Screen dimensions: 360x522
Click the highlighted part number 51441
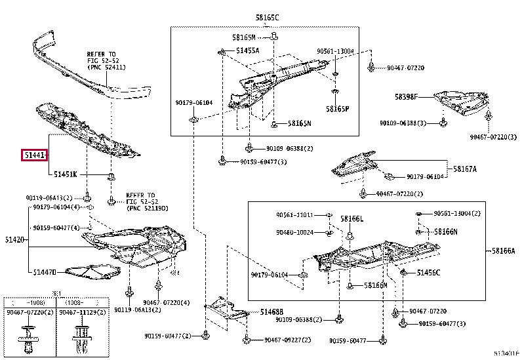(35, 156)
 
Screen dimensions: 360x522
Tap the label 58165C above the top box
(267, 18)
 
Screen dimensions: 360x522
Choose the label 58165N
(300, 123)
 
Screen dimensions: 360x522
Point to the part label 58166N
(446, 231)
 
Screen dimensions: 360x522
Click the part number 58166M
(376, 285)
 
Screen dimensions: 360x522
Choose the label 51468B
(271, 311)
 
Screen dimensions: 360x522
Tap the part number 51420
(14, 241)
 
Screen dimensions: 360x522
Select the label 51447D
(41, 271)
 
